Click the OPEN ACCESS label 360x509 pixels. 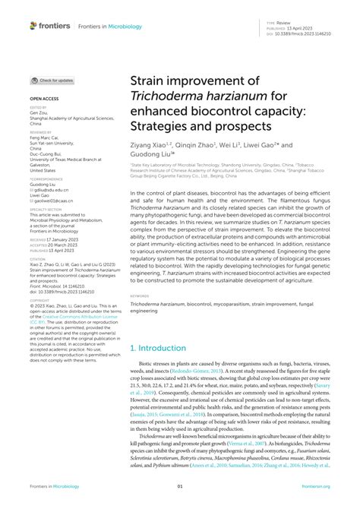click(45, 99)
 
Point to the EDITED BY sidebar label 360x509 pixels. click(38, 108)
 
